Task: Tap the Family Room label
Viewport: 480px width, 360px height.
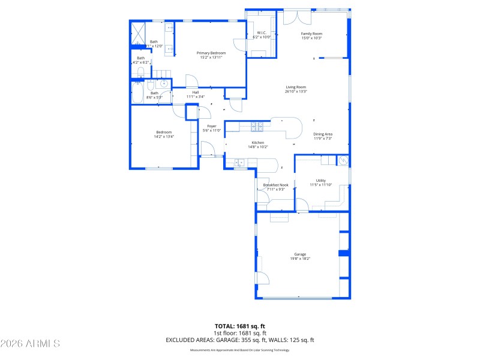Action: [311, 34]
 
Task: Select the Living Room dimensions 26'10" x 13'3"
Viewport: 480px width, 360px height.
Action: [296, 92]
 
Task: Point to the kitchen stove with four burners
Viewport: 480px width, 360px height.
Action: [256, 126]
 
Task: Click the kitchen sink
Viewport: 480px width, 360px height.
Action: [239, 162]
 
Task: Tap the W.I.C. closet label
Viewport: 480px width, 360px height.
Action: [262, 32]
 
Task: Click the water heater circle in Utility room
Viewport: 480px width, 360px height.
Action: [343, 160]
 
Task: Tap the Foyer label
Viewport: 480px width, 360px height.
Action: [212, 126]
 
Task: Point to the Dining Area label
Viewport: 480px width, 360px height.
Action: [323, 134]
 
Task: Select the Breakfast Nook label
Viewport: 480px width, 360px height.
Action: [276, 185]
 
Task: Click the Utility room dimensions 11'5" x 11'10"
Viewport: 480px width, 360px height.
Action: [321, 185]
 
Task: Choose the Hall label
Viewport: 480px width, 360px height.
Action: [196, 92]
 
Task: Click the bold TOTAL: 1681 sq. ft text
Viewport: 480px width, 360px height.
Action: [240, 326]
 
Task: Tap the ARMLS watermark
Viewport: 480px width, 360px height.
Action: [30, 344]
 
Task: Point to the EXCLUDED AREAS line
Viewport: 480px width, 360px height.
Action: [240, 340]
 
